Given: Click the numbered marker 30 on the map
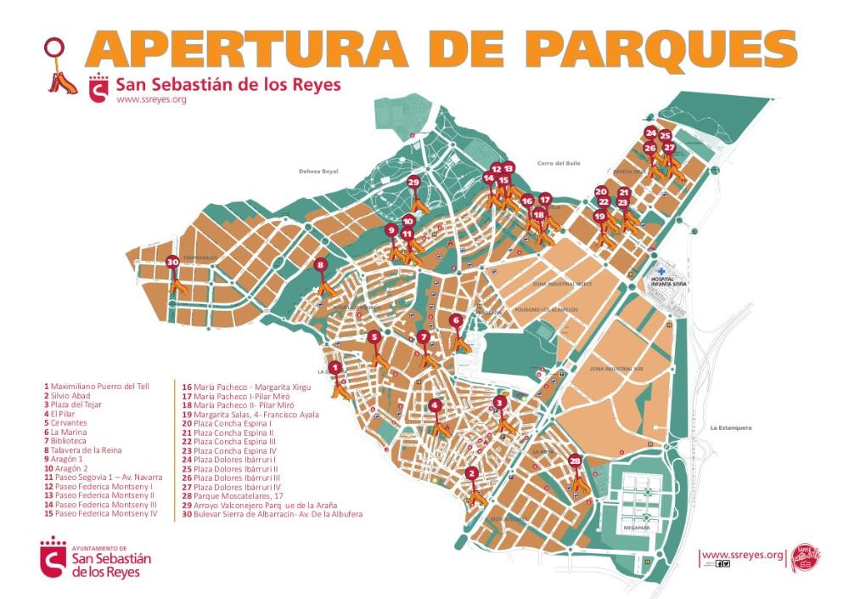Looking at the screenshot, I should [x=172, y=263].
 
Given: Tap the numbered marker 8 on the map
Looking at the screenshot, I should [x=320, y=265].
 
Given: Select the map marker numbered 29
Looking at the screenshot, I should [x=413, y=182].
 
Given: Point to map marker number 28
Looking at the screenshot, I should [x=576, y=461].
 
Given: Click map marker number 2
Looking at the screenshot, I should [x=472, y=475].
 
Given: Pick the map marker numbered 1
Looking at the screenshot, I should [x=335, y=368].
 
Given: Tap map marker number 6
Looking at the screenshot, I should [x=456, y=320].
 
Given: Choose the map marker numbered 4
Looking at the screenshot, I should [x=435, y=405].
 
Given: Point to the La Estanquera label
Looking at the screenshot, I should [x=731, y=427].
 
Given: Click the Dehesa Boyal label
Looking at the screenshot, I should [x=318, y=171].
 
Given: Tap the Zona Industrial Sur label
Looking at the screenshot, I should [x=614, y=370].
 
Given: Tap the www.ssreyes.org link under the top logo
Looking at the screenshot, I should [x=150, y=100].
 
